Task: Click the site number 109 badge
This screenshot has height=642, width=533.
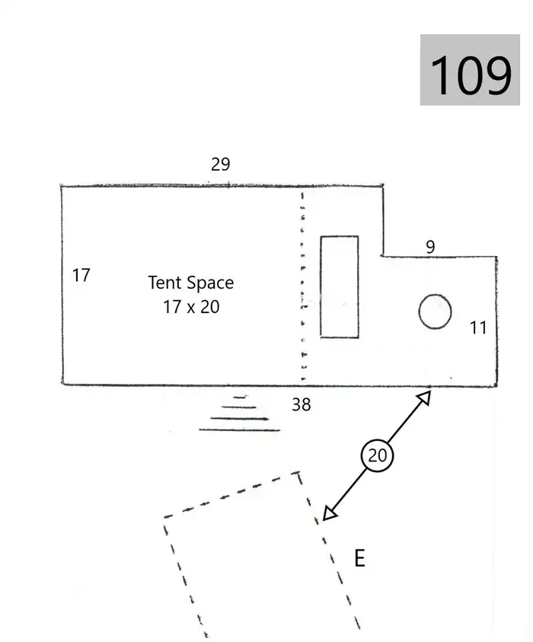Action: [x=470, y=70]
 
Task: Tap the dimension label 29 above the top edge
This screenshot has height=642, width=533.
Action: [x=220, y=164]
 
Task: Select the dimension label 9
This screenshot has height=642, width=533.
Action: [x=430, y=247]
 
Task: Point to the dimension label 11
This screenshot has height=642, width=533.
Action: [x=477, y=327]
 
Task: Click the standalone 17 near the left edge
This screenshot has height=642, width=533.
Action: [x=81, y=275]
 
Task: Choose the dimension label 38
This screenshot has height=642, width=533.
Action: [x=302, y=404]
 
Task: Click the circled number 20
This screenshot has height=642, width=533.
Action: [x=377, y=455]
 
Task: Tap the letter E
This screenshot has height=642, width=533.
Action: [x=359, y=558]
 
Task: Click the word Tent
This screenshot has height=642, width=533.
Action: [x=164, y=283]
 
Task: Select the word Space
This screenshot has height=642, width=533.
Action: [x=210, y=283]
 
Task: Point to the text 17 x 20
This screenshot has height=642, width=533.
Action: [x=191, y=307]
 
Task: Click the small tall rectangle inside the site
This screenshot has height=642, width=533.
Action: [x=340, y=287]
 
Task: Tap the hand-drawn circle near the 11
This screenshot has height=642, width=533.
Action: [x=436, y=311]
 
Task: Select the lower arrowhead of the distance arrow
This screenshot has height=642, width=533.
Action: [x=329, y=513]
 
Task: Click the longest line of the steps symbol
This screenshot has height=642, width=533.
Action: [x=240, y=430]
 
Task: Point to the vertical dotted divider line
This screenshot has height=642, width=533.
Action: [x=302, y=286]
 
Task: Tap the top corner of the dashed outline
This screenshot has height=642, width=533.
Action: [x=298, y=473]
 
